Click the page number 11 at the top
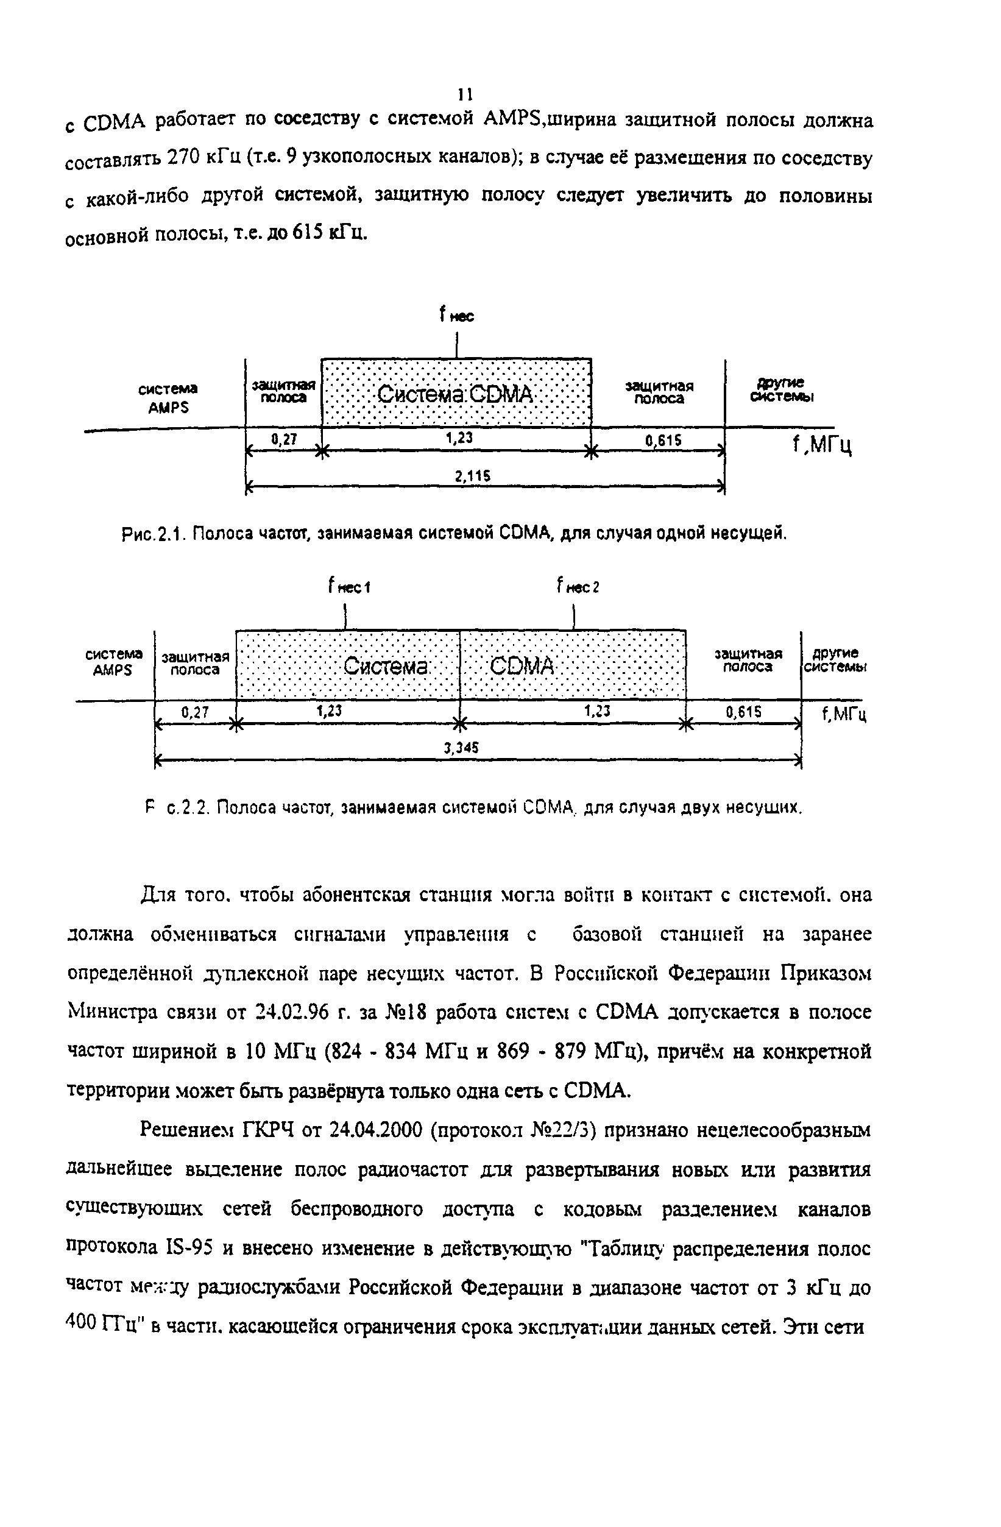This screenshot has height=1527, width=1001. [x=465, y=94]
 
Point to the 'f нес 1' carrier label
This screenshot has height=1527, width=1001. [x=349, y=586]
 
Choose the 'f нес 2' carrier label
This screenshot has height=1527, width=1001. [x=578, y=586]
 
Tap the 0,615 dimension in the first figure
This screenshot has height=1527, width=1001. [x=663, y=440]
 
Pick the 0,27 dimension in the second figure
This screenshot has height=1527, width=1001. [x=194, y=712]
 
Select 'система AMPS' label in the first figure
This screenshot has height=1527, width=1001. [x=168, y=398]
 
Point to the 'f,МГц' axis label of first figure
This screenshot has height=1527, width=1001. [x=822, y=444]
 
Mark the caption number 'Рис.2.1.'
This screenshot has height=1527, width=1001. [x=154, y=533]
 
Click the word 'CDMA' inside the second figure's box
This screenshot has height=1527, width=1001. [x=522, y=666]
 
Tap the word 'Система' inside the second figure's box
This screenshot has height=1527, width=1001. [x=386, y=666]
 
